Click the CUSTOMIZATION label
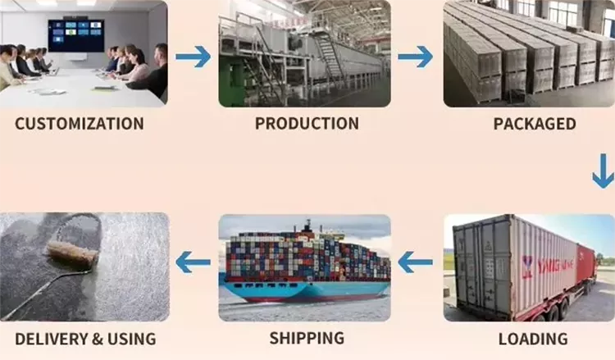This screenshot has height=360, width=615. [x=80, y=124]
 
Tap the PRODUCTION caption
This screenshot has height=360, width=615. [x=307, y=124]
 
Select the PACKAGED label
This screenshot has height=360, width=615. [x=535, y=124]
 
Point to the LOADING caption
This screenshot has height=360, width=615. [x=533, y=339]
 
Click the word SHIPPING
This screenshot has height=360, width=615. [x=307, y=339]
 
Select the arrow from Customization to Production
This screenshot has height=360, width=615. [x=193, y=57]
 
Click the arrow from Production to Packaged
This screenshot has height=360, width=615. [x=415, y=57]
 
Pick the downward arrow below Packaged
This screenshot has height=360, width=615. [x=603, y=171]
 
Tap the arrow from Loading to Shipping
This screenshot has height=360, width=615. [x=415, y=262]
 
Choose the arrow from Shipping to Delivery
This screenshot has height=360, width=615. [x=193, y=262]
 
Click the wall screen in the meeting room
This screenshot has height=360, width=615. [x=76, y=35]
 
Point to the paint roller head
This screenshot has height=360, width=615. [x=72, y=254]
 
